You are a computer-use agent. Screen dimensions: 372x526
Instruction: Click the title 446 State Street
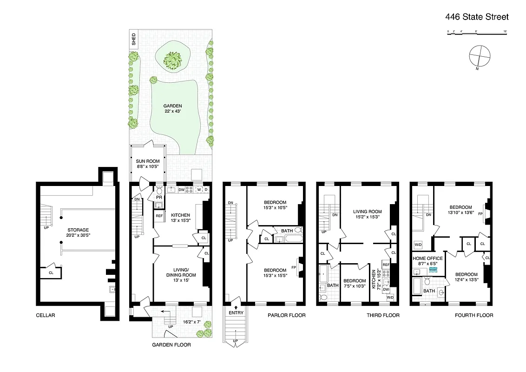click(x=477, y=17)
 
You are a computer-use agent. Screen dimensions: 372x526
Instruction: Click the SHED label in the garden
click(x=134, y=39)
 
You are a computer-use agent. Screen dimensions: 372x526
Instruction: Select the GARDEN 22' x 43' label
click(x=172, y=108)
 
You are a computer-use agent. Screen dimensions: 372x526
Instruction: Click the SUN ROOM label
click(x=147, y=164)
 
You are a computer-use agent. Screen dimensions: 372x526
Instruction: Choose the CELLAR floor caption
click(x=46, y=315)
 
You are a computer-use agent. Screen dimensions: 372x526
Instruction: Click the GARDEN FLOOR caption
click(x=171, y=345)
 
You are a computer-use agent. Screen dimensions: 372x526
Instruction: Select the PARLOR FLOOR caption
click(x=287, y=315)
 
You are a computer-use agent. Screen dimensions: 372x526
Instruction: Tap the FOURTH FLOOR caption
click(x=474, y=315)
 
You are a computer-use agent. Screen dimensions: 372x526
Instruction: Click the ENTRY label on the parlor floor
click(x=236, y=313)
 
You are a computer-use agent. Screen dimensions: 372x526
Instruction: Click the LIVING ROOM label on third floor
click(x=367, y=213)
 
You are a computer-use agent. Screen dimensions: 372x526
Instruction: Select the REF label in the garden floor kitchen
click(x=159, y=216)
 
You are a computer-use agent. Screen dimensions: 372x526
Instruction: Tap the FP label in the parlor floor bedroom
click(x=294, y=267)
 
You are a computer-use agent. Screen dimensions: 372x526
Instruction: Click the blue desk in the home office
click(x=433, y=269)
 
